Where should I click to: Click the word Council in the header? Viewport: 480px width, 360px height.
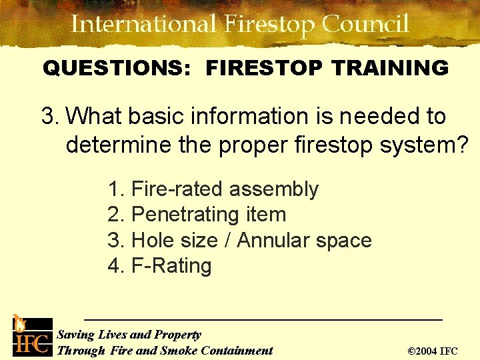tap(365, 25)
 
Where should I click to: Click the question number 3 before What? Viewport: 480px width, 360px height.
tap(49, 116)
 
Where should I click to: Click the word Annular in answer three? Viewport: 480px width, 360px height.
tap(276, 240)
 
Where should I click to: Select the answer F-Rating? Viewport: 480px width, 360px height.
tap(171, 265)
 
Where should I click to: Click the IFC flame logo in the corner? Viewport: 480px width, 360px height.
tap(29, 336)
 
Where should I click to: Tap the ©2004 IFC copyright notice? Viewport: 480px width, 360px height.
tap(432, 351)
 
